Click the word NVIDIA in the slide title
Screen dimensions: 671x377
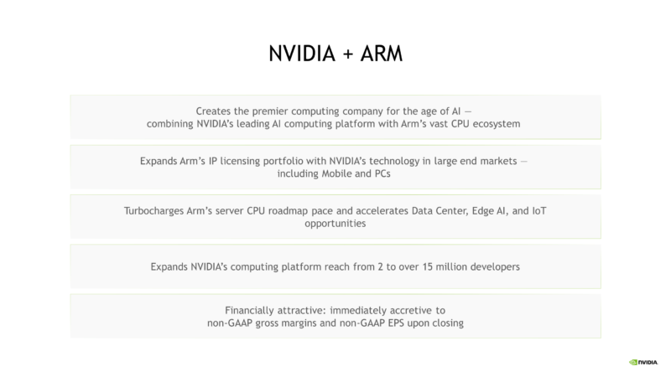tap(302, 54)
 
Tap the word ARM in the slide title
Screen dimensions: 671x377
tap(382, 54)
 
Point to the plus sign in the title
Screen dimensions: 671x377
tap(348, 54)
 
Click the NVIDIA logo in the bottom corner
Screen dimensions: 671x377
tap(643, 363)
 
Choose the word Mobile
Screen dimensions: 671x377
tap(337, 173)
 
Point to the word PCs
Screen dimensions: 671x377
tap(382, 173)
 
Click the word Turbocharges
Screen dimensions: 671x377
tap(153, 211)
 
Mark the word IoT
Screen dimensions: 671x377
tap(539, 211)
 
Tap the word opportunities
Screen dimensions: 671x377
tap(335, 224)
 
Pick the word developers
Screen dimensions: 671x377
tap(495, 267)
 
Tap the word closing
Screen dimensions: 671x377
tap(448, 323)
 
